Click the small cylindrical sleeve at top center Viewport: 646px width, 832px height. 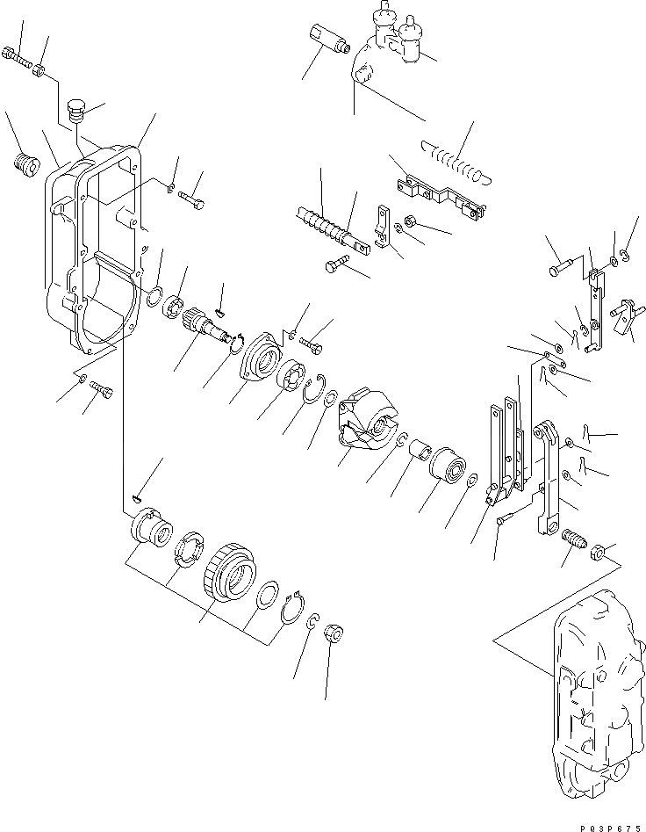333,39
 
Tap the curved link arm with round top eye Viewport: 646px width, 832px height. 549,474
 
